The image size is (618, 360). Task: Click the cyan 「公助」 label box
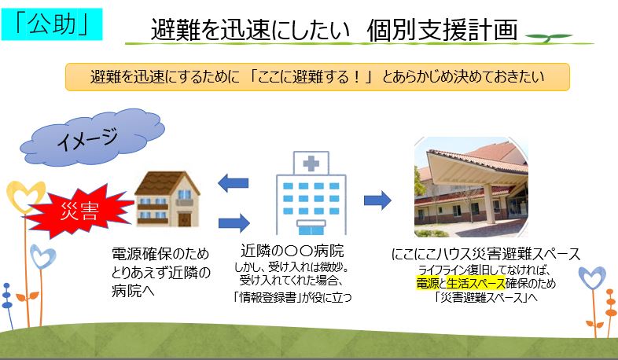coord(52,24)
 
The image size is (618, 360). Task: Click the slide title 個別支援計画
coord(442,30)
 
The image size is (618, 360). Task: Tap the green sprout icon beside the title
coord(548,38)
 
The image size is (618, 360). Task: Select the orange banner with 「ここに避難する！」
coord(318,77)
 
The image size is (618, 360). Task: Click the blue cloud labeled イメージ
coord(92,137)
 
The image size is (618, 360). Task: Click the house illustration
coord(167,199)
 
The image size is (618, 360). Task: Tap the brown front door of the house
coord(185,219)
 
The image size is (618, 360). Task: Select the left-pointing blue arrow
coord(233,183)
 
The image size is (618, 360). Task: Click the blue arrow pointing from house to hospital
coord(234,223)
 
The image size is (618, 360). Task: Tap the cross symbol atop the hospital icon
coord(311,163)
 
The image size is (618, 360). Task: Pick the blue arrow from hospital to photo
coord(377,200)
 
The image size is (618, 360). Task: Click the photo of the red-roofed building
coord(471,187)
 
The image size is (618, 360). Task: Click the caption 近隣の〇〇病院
coord(292,251)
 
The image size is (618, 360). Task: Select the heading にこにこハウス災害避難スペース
coord(486,254)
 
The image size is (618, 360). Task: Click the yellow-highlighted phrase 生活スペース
coord(476,283)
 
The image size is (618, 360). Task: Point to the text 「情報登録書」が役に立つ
coord(292,296)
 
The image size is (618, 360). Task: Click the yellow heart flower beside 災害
coord(26,196)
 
